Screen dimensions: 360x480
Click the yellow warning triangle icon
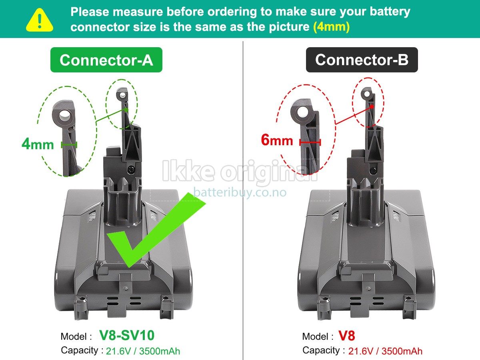pos(39,20)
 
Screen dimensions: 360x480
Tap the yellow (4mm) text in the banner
pos(332,27)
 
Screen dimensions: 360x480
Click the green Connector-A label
pos(106,60)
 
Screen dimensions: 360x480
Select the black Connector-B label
pos(362,60)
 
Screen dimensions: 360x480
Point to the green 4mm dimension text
pos(38,144)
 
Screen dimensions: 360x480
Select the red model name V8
pos(346,336)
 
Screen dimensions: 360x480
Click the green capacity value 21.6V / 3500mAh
pos(143,351)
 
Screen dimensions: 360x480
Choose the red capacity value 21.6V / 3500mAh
pos(385,351)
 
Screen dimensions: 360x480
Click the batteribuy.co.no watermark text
pos(240,192)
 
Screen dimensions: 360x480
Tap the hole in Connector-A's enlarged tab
pos(64,116)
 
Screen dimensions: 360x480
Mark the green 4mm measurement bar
pos(69,144)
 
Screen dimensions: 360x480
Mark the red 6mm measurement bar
pos(310,142)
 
